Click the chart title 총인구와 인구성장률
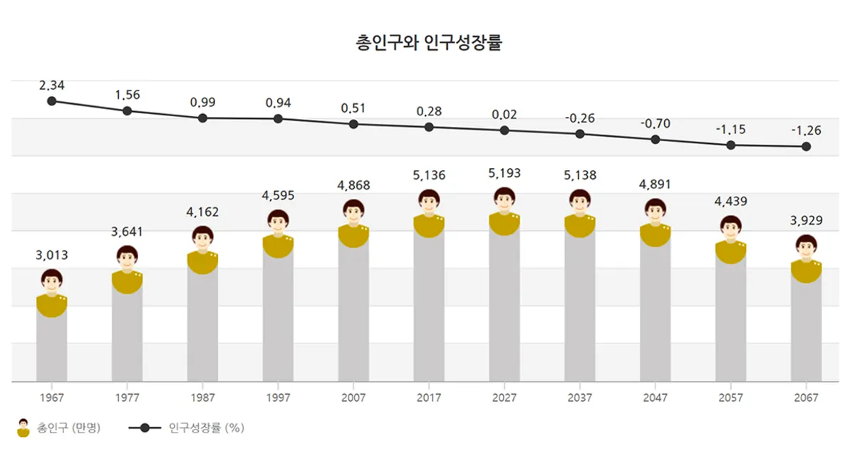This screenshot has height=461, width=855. point(428,42)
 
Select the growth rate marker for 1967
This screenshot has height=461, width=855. point(51,101)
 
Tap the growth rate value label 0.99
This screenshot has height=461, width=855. point(202,103)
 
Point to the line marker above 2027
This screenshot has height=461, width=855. point(504,130)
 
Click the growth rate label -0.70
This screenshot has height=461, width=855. point(655,124)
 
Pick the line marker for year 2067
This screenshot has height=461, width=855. point(806,147)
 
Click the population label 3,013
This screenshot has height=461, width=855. point(51,254)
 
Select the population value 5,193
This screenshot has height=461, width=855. point(504,173)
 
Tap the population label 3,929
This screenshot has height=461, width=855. point(806,220)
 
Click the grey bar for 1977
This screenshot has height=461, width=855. point(127,335)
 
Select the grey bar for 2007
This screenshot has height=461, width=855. point(353,314)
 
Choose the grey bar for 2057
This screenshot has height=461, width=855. point(730,321)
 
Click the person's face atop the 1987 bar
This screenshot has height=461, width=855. point(202,239)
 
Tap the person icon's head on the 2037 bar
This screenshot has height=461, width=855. point(580,203)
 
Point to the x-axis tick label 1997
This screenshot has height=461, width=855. point(278,398)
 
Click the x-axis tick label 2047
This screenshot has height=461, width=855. point(655,398)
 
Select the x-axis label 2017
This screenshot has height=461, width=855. point(429,398)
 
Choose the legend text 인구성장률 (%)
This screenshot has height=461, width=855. point(207,428)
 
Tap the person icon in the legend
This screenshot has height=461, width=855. point(24,428)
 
